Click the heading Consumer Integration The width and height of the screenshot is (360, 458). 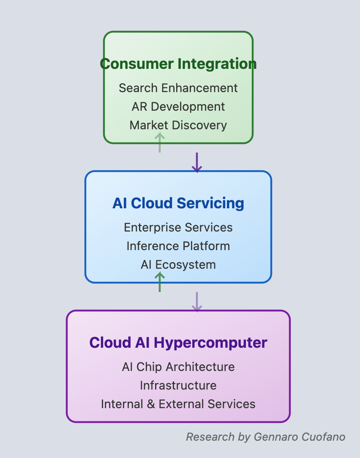178,64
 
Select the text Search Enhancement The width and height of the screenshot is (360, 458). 178,88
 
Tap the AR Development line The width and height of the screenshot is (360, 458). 178,106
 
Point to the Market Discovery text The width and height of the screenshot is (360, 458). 178,125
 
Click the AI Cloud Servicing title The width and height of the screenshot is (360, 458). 178,203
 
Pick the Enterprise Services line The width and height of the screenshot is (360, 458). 178,227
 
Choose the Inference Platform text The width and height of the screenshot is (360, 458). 178,246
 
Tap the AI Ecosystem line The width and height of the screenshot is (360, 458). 178,264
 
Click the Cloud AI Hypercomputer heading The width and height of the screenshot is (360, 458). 178,342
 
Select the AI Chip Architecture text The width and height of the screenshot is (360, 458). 178,367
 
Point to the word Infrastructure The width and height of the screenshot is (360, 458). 178,385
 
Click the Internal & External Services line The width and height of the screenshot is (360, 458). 178,404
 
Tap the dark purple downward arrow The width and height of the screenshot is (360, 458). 197,163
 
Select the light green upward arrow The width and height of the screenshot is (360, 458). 159,142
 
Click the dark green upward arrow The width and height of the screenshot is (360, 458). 159,282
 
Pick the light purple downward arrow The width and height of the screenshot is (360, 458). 197,302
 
